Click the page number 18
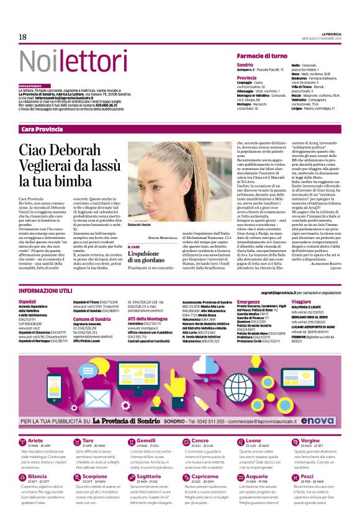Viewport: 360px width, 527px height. pyautogui.click(x=22, y=37)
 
